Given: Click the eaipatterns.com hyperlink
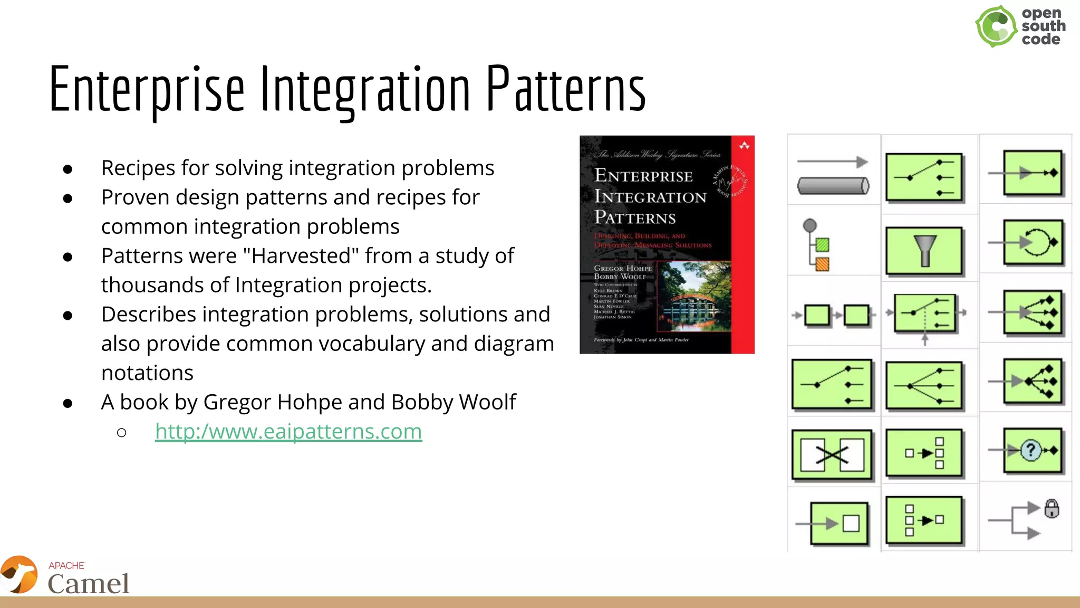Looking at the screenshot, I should coord(288,432).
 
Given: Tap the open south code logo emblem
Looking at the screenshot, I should coord(996,26).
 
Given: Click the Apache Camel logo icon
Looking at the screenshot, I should coord(20,575).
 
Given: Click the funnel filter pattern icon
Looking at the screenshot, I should coord(924,251).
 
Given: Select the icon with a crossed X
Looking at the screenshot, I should coord(832,455).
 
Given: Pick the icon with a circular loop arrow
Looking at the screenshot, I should coord(1033,243).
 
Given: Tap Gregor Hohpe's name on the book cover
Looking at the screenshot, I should coord(623,268).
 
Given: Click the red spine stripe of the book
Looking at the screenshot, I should coord(742,248).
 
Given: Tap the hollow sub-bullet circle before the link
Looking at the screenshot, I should coord(122,433).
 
